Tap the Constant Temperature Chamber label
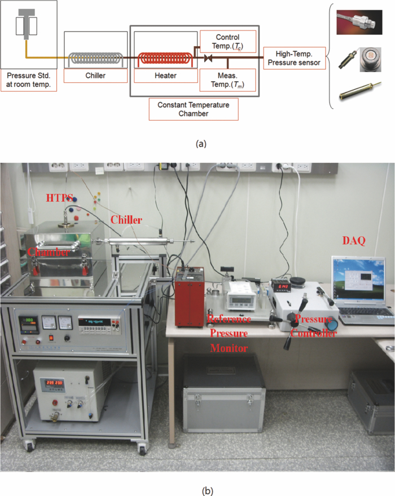(x=193, y=109)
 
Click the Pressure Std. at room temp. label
(x=28, y=79)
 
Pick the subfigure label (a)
(x=200, y=144)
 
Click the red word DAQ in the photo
(x=354, y=241)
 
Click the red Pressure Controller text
(x=313, y=327)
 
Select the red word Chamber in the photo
(x=49, y=253)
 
